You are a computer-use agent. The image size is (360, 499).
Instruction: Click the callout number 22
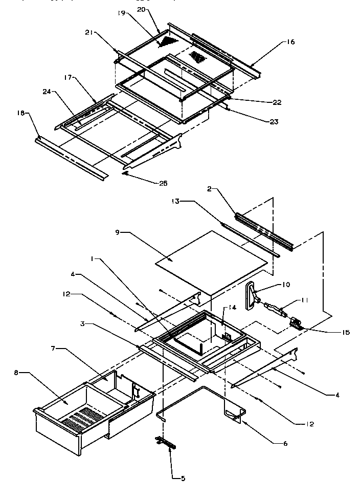click(277, 102)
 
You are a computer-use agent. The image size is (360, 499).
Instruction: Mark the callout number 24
click(47, 93)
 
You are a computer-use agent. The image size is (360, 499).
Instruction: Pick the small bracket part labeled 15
click(296, 322)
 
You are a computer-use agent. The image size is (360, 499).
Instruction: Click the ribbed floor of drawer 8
click(82, 412)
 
